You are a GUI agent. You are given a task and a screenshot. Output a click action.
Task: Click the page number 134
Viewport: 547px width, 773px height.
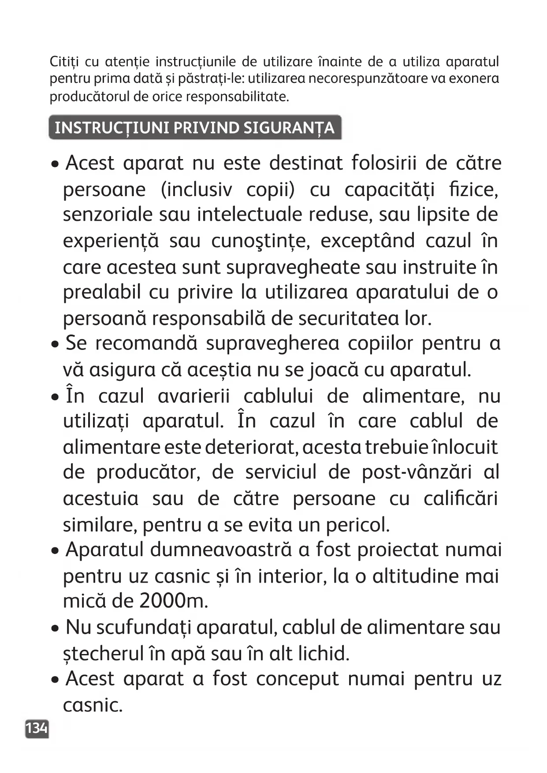click(x=37, y=728)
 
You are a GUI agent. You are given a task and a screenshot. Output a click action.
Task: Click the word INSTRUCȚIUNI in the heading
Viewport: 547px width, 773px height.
click(x=112, y=128)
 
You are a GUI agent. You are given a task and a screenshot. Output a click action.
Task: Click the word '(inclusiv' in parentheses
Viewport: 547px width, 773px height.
click(x=196, y=190)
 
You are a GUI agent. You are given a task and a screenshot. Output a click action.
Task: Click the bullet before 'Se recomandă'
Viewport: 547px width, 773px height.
click(x=55, y=344)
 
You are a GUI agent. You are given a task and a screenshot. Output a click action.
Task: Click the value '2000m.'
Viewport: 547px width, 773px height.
click(x=173, y=601)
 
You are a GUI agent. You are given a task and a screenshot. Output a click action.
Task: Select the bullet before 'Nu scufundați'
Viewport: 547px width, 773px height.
click(x=55, y=628)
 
